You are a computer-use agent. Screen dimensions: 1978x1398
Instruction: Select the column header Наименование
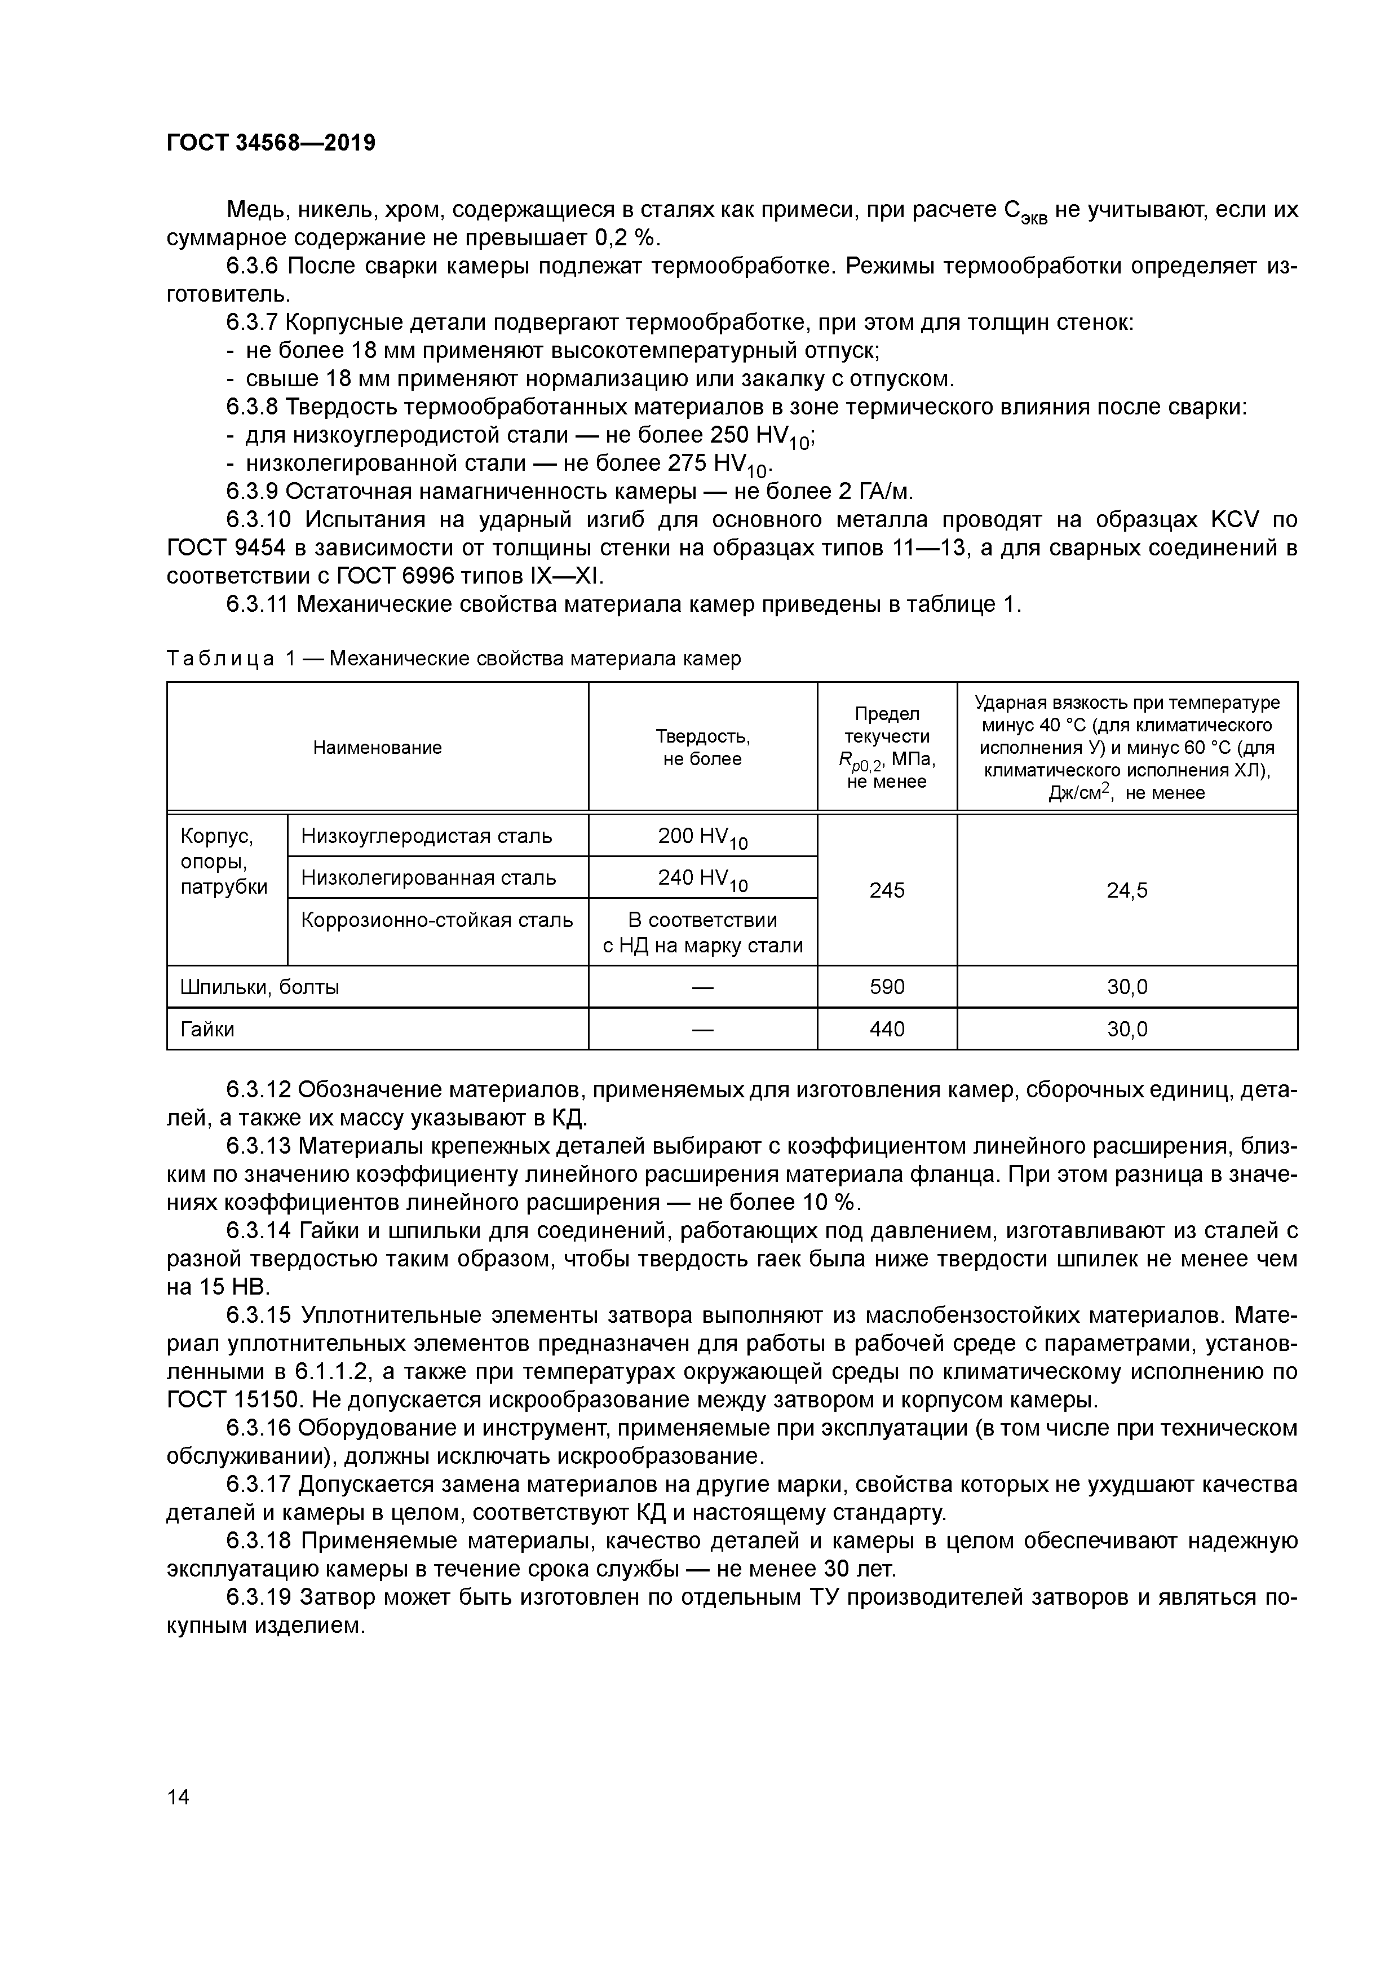click(x=377, y=747)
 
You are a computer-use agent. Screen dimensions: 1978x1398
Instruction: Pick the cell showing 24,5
click(x=1127, y=890)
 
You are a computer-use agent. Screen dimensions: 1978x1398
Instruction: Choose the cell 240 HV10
click(x=702, y=878)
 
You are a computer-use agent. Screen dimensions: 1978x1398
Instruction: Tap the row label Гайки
click(x=207, y=1028)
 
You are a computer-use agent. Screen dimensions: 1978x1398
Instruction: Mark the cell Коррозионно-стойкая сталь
click(x=437, y=920)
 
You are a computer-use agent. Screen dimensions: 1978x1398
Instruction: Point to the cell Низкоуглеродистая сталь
click(x=426, y=836)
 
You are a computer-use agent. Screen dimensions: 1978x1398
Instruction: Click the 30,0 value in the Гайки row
click(x=1127, y=1028)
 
